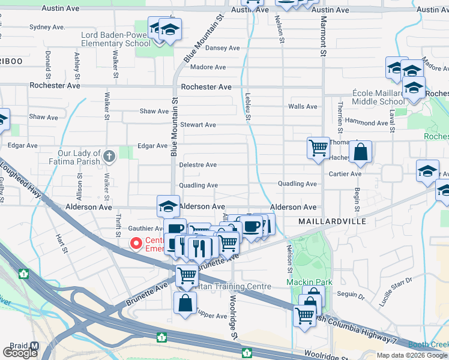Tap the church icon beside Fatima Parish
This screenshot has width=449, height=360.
click(x=109, y=157)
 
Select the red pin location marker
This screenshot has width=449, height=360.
click(x=136, y=243)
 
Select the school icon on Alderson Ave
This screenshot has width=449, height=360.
click(x=169, y=206)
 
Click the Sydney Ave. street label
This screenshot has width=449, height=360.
click(x=47, y=27)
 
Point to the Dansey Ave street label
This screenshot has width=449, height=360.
click(x=223, y=48)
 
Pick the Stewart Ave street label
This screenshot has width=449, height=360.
click(x=198, y=125)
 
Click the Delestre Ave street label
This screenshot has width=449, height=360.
click(x=198, y=165)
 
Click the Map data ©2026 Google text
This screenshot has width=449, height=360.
click(x=411, y=355)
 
